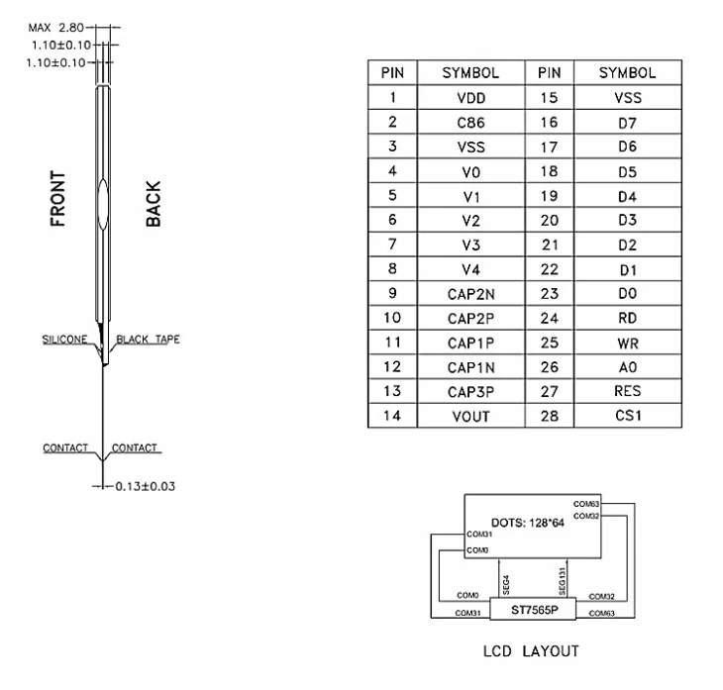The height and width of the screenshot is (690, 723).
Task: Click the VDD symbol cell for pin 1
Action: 470,97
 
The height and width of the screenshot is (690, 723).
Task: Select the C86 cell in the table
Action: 470,122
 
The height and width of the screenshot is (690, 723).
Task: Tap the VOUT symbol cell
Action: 470,416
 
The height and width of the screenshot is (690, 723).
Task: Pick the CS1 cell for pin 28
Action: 628,416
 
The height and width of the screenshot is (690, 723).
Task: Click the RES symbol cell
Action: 628,391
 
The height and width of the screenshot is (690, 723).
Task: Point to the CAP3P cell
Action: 470,391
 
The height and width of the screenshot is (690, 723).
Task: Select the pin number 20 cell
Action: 549,220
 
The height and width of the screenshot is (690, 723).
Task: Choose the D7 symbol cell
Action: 628,122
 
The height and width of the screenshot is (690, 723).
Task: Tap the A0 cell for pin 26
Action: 628,367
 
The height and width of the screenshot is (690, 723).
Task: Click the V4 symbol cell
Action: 470,269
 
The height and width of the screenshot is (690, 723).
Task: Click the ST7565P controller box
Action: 533,609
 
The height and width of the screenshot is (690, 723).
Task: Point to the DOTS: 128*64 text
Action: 528,523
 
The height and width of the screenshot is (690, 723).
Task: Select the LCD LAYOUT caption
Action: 531,651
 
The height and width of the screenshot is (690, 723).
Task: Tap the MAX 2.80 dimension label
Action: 55,28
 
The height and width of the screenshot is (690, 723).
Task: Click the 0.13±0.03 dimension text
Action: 146,486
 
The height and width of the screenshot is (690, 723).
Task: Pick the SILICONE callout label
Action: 64,340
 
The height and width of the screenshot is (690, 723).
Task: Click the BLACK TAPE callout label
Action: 148,340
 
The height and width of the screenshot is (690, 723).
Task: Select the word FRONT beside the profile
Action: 57,199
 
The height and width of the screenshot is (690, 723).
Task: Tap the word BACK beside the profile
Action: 154,204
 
